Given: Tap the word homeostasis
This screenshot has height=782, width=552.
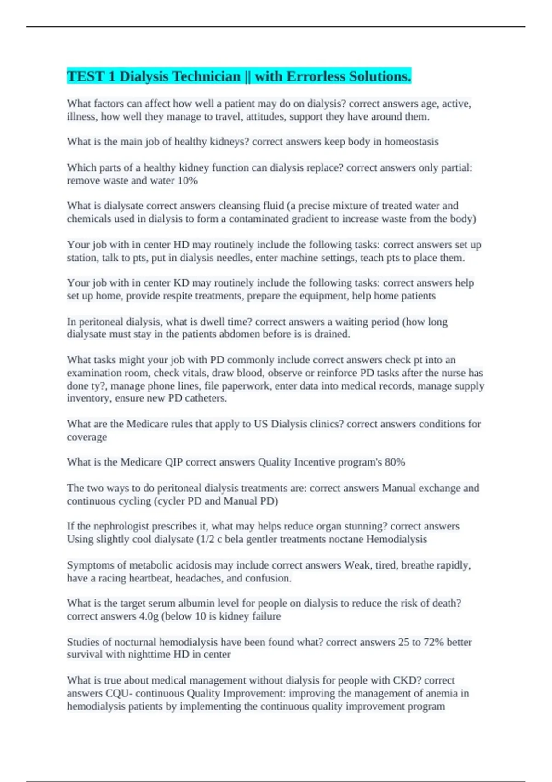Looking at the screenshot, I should point(411,142).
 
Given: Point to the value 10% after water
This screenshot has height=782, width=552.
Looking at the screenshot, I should point(187,181).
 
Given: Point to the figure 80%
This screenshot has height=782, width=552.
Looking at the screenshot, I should point(395,462).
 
